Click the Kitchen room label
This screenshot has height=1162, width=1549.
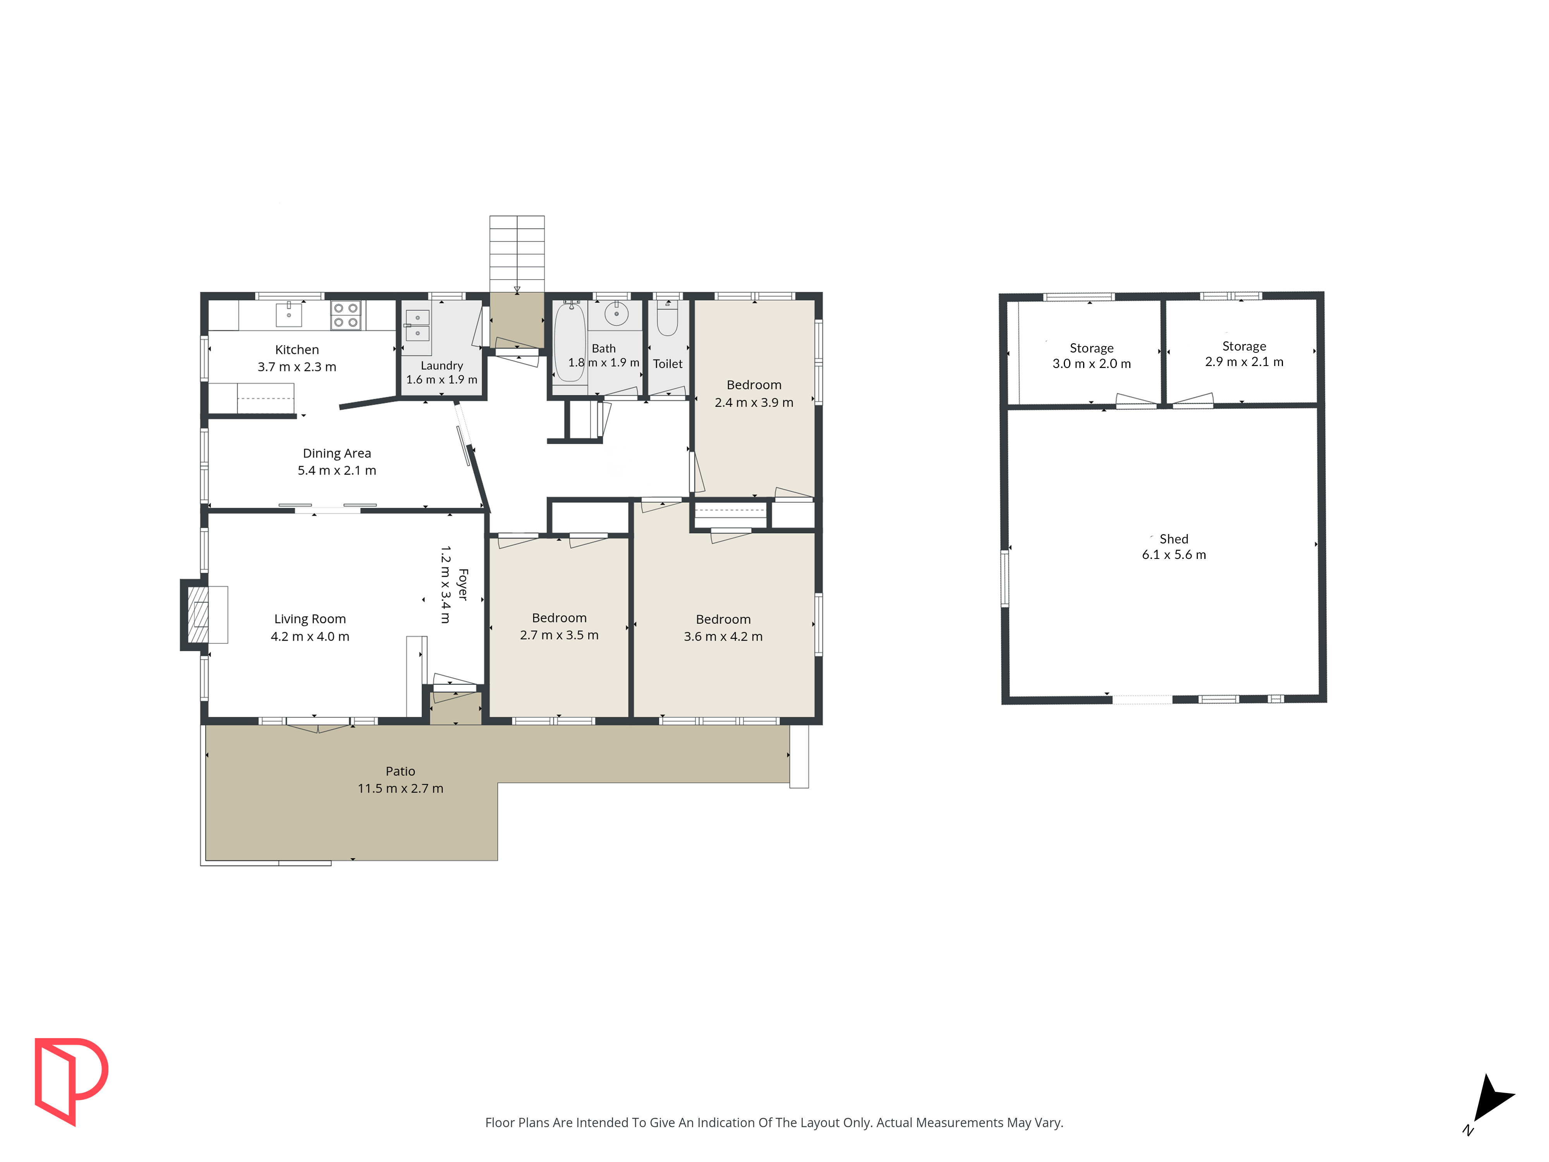coord(297,349)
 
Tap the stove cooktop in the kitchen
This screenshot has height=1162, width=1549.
coord(346,315)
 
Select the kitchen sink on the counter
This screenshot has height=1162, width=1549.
coord(289,315)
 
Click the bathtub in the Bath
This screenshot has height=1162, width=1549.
coord(570,342)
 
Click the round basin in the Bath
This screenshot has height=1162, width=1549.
coord(616,314)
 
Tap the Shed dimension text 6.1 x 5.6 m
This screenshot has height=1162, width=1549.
coord(1174,555)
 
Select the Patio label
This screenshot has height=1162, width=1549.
coord(400,771)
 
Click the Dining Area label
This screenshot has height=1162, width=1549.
coord(337,453)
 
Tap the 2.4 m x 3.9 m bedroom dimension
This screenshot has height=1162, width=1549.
coord(754,402)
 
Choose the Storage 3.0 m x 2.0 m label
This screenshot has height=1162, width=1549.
coord(1092,356)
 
